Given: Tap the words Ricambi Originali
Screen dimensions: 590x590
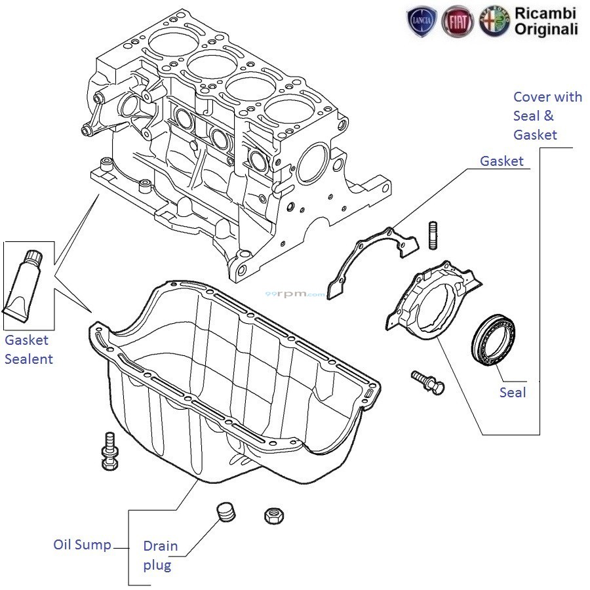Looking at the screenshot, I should [546, 21].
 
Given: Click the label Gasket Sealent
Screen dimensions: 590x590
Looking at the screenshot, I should [28, 349].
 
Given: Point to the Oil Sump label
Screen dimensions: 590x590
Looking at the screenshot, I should [82, 545].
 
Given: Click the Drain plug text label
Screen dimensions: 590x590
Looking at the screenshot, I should [160, 556].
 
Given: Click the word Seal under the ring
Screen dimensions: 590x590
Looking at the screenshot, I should [513, 392].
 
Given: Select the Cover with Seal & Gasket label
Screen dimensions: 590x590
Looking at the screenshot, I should [547, 115].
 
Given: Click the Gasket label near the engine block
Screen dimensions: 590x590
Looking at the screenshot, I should [501, 161].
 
